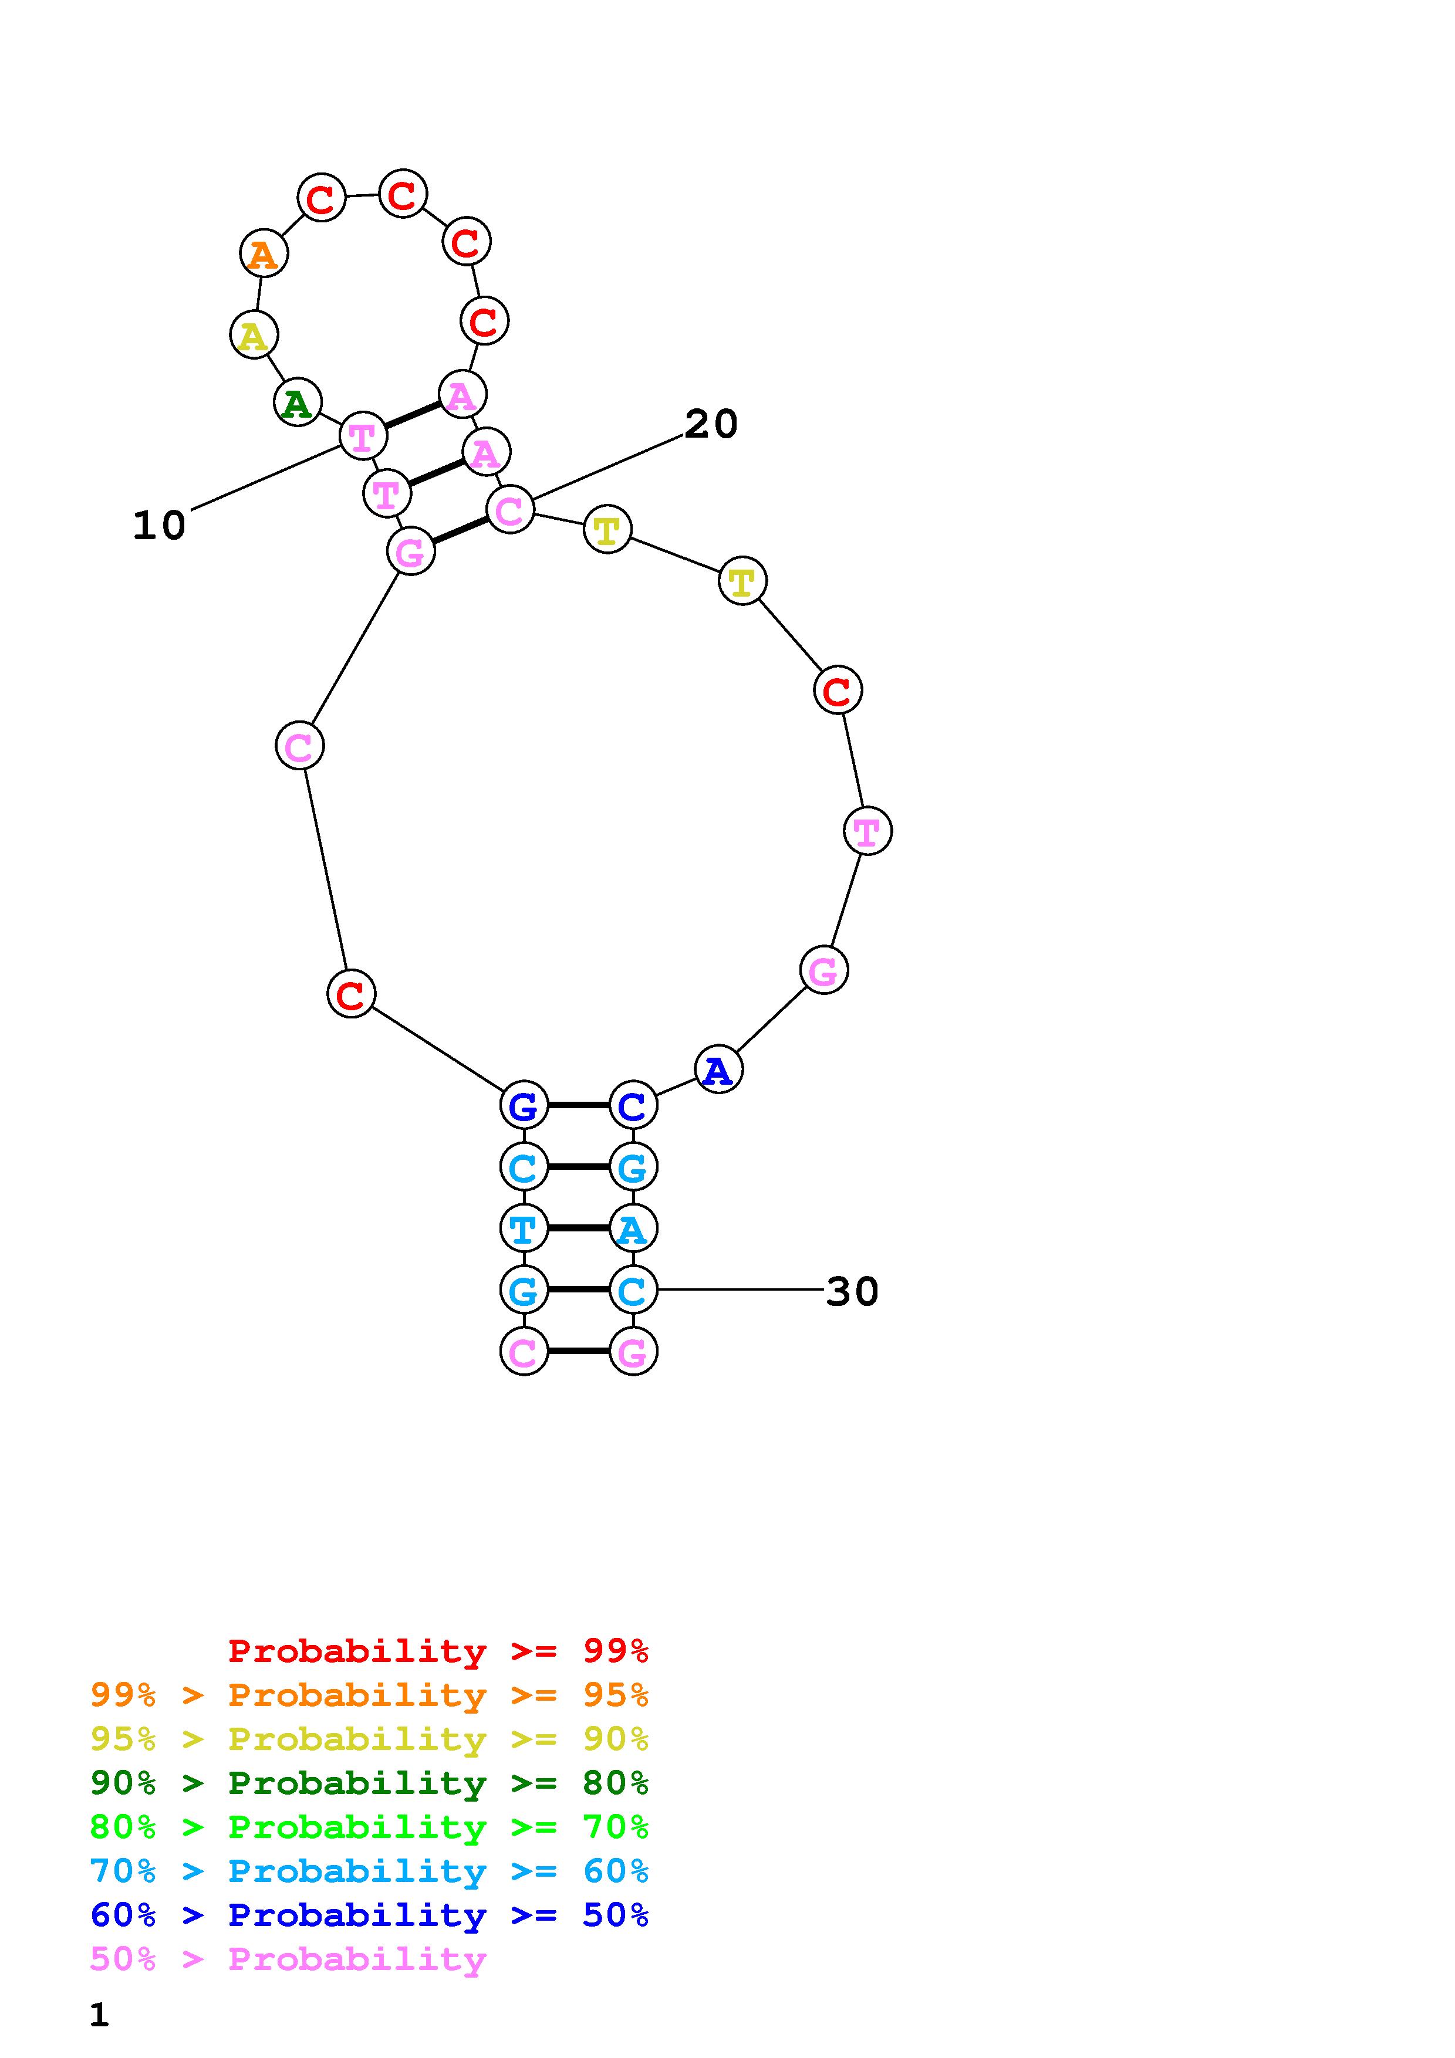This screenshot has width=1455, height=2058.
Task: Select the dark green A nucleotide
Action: point(298,402)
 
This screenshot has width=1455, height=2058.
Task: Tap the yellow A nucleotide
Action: point(254,334)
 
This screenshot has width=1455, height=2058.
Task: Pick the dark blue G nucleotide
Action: point(524,1105)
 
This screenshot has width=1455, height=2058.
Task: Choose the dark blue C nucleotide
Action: point(633,1105)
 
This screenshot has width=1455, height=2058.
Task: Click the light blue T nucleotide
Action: point(524,1228)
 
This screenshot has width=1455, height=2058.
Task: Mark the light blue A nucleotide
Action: point(633,1228)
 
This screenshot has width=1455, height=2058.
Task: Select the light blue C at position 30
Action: point(633,1290)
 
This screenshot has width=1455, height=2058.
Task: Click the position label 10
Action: point(160,525)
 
